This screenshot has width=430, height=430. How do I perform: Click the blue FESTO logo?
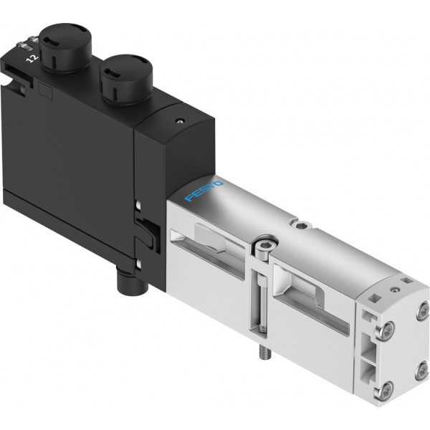click(x=204, y=191)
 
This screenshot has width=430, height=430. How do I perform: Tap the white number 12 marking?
click(x=32, y=58)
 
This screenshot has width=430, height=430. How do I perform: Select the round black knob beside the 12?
click(x=65, y=47)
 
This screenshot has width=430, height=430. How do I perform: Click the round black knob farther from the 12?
click(x=125, y=79)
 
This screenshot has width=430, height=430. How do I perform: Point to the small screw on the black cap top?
click(x=180, y=120)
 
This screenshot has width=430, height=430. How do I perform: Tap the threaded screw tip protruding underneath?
click(x=263, y=353)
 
